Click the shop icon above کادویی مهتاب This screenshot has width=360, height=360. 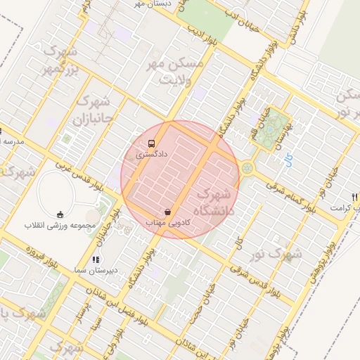pyautogui.click(x=167, y=211)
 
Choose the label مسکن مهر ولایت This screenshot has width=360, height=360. pyautogui.click(x=173, y=71)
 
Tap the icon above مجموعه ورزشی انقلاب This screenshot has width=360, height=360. pyautogui.click(x=59, y=214)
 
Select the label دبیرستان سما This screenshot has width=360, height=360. pyautogui.click(x=96, y=270)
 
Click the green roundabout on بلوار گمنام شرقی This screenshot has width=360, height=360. pyautogui.click(x=247, y=168)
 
